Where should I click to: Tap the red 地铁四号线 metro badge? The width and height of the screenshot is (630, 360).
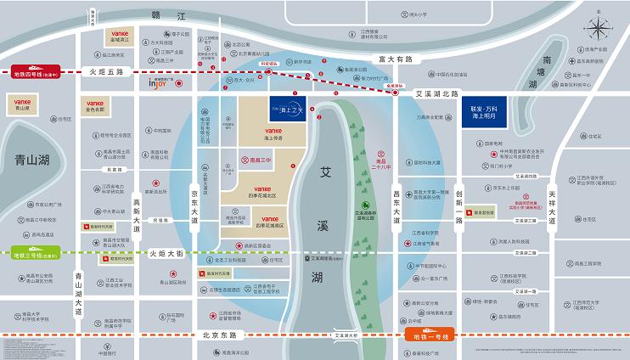(35, 72)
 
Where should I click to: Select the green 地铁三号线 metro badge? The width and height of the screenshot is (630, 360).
(35, 253)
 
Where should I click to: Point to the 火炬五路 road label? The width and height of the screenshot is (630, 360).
(107, 73)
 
